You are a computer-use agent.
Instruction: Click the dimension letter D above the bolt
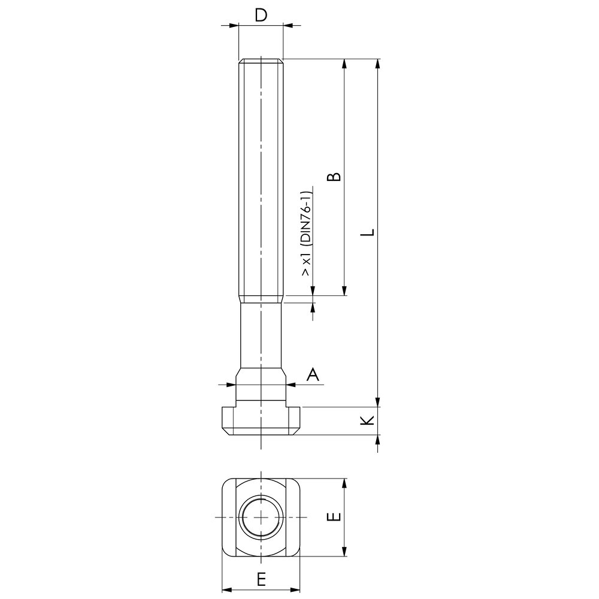[x=261, y=16]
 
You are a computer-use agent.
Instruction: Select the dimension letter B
[x=334, y=177]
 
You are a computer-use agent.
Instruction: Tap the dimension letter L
[x=368, y=232]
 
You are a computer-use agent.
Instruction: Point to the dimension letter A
[x=313, y=374]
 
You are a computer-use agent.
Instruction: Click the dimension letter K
[x=368, y=420]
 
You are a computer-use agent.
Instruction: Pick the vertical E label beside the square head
[x=334, y=517]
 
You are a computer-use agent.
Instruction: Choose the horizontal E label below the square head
[x=261, y=580]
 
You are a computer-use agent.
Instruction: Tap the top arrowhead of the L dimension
[x=378, y=64]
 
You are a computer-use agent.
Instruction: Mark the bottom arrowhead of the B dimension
[x=344, y=291]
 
